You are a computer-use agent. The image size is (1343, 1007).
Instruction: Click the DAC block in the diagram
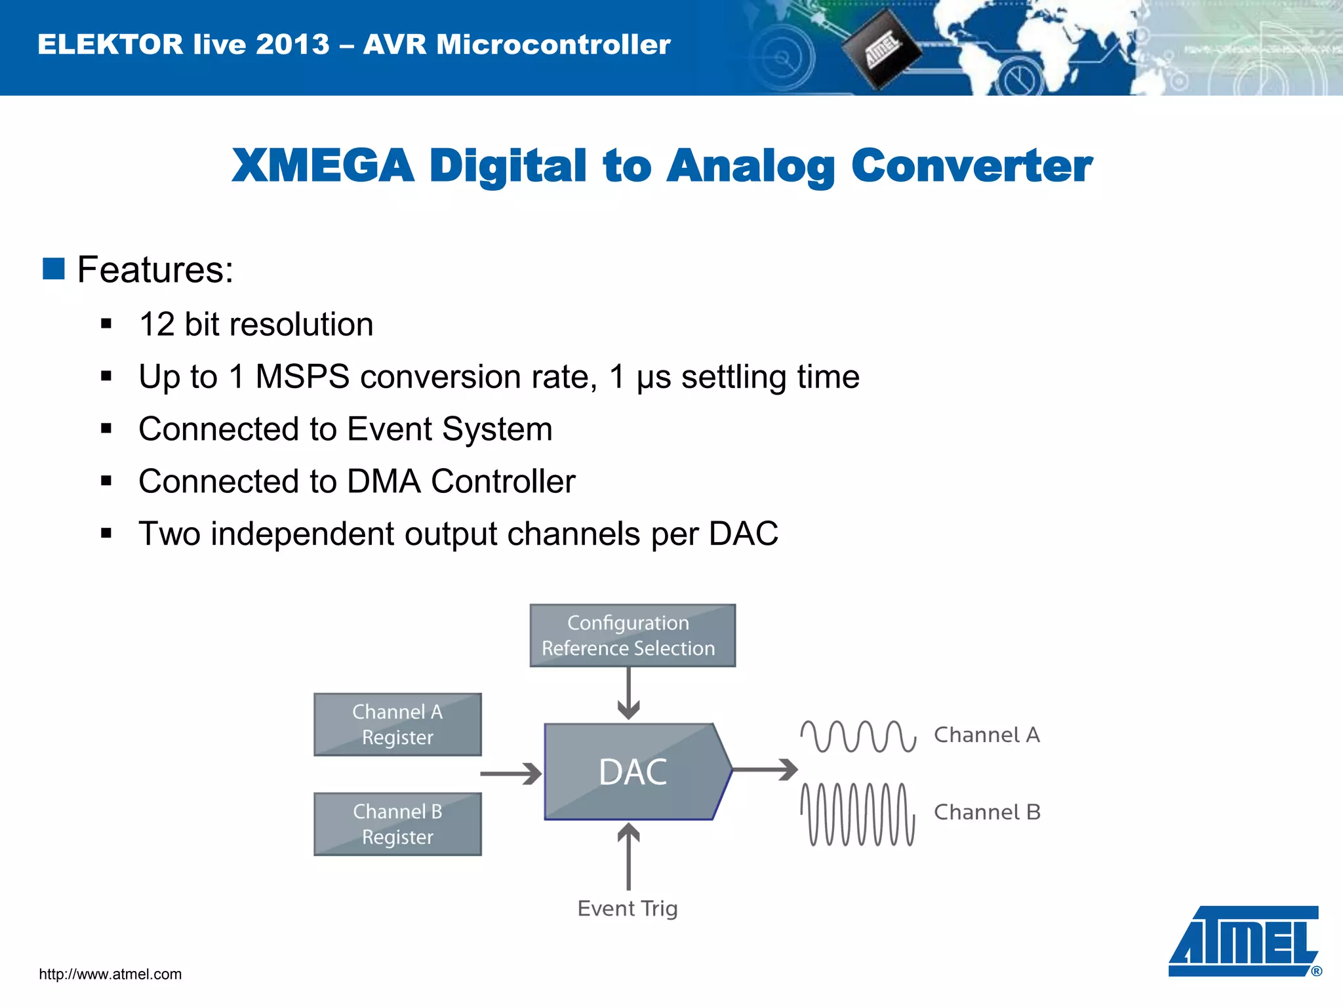(x=633, y=772)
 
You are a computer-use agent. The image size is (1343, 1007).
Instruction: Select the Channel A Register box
(x=397, y=724)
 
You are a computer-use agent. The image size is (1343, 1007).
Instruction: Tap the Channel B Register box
(x=397, y=824)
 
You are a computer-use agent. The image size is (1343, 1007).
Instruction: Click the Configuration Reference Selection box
(x=632, y=635)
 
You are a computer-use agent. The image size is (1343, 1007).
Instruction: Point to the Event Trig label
(x=628, y=909)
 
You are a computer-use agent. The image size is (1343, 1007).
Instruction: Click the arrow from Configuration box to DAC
(x=628, y=694)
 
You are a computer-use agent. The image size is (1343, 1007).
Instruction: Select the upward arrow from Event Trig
(x=628, y=856)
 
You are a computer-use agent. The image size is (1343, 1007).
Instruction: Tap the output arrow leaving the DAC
(x=765, y=770)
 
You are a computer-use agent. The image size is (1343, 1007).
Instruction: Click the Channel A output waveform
(x=858, y=736)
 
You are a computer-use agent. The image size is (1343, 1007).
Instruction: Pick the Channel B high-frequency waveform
(x=858, y=814)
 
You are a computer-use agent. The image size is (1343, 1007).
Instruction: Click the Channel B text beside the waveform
(x=987, y=812)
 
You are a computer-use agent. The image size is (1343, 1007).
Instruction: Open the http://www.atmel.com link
(x=110, y=974)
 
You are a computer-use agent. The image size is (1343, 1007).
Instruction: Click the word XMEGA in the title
(x=323, y=166)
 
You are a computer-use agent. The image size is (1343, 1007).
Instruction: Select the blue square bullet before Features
(x=54, y=269)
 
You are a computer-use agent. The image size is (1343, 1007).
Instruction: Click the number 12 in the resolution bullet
(x=157, y=325)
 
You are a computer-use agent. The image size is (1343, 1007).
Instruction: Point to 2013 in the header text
(x=292, y=45)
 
